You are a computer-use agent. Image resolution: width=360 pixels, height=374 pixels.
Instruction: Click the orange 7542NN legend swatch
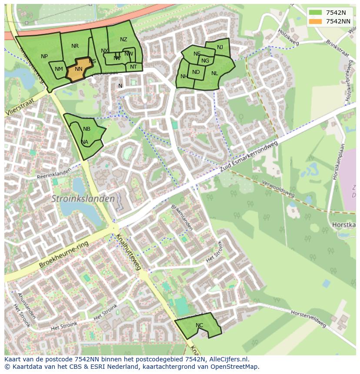pos(316,21)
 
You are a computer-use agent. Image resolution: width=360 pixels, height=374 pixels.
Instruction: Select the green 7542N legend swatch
pos(316,13)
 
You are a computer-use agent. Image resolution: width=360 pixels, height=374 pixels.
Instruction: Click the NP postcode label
pos(44,56)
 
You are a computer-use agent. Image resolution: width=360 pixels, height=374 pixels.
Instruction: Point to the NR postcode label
pos(75,46)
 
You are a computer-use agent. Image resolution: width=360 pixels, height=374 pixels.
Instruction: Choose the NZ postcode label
pos(123,40)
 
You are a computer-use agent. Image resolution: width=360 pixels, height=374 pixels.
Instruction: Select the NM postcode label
pos(59,69)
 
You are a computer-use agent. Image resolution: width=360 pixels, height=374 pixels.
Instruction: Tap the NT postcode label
pos(133,67)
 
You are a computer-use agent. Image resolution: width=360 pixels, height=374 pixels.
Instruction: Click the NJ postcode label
pos(220,47)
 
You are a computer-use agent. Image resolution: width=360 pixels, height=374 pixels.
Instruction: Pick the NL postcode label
pos(214,73)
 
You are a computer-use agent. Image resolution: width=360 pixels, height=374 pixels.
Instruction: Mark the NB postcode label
pos(87,129)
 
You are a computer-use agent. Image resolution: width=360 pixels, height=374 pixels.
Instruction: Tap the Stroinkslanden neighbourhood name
pos(83,199)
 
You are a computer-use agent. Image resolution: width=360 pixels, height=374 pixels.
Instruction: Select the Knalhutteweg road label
pos(128,252)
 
